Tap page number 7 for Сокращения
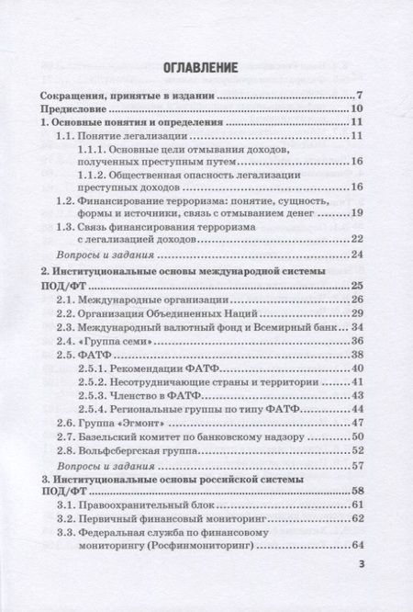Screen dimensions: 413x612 point(363,95)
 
